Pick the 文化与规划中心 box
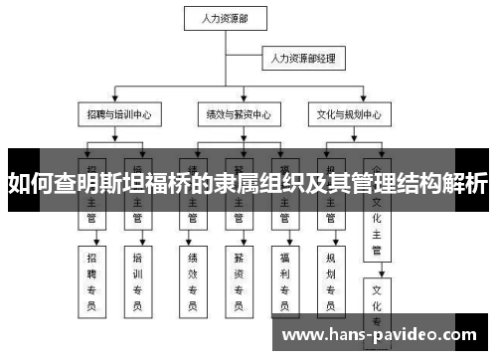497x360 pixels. click(349, 115)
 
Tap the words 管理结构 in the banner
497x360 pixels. click(394, 184)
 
